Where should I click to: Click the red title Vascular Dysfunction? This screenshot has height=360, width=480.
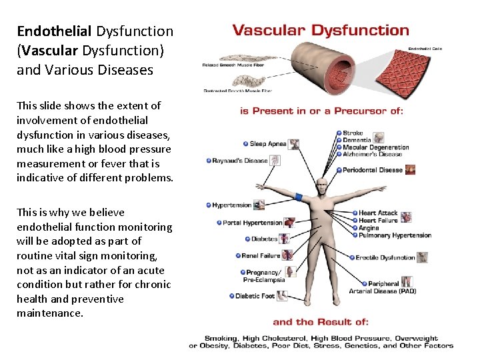320,31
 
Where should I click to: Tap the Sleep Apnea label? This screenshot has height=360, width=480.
267,144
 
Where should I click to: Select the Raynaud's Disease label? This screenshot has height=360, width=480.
240,161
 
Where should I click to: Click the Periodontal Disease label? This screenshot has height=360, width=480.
373,170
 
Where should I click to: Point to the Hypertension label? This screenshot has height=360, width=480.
232,205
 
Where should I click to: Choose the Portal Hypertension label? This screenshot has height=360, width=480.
252,223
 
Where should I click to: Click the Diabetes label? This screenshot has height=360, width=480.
264,239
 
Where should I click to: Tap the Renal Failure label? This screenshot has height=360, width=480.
261,255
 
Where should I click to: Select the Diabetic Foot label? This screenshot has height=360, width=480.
255,296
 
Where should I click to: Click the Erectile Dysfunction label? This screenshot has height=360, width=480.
385,257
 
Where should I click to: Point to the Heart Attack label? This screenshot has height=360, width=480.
378,213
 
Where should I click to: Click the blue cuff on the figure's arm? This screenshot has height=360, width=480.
298,198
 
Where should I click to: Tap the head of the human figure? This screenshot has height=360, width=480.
322,186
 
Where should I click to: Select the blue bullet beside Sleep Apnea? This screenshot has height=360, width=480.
245,144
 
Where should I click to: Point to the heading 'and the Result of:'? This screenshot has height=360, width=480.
321,322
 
